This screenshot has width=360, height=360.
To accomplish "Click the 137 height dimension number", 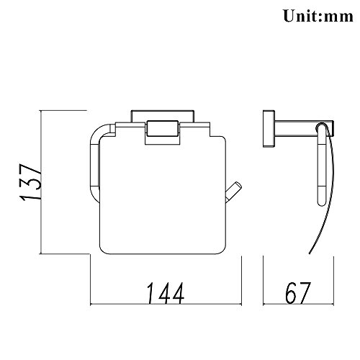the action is (x=31, y=182).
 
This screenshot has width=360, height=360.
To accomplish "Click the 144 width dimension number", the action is (x=166, y=293).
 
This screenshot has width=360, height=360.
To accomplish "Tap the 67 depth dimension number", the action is (x=298, y=292).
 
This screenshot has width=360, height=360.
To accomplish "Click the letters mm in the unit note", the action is (x=339, y=17).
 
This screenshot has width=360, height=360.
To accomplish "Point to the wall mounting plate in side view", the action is (x=269, y=129).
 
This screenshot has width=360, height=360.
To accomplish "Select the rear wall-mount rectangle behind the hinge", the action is (x=163, y=116).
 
